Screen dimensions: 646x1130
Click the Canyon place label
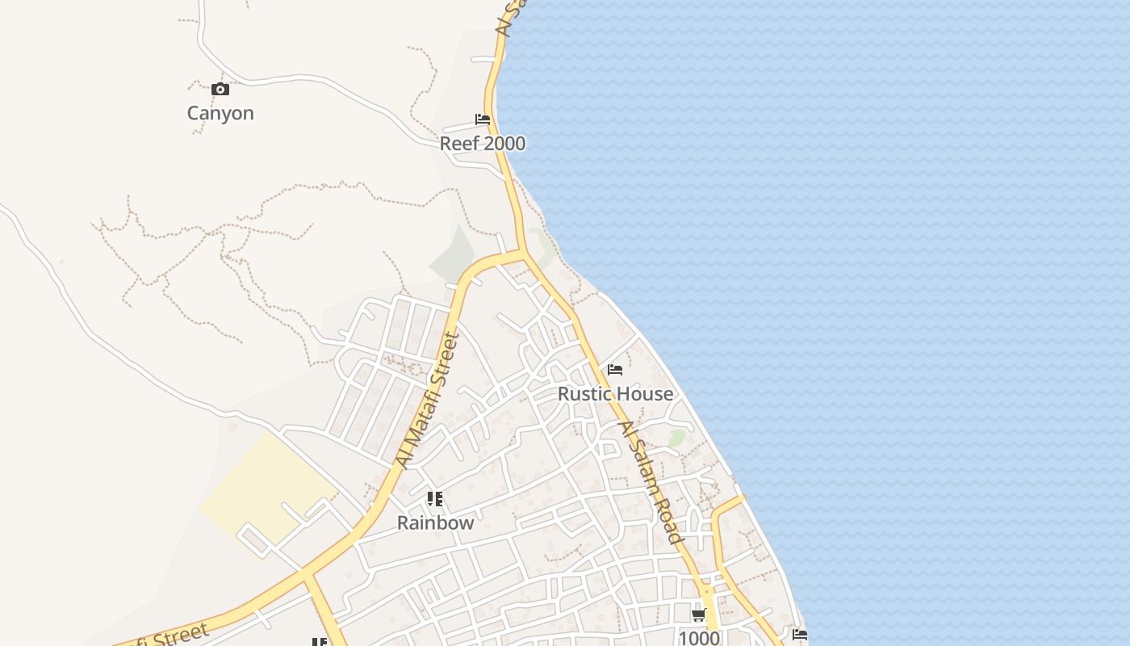tap(220, 113)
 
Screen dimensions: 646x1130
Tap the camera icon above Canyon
tap(220, 89)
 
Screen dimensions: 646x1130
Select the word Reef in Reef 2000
tap(458, 144)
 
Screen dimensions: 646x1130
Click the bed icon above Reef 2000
tap(483, 120)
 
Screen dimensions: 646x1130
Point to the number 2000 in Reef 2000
tap(502, 144)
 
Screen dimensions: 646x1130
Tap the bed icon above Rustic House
tap(615, 370)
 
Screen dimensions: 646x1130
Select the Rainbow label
tap(436, 523)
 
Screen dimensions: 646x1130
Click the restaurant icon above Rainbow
tap(435, 499)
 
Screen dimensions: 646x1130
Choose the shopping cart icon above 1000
tap(699, 615)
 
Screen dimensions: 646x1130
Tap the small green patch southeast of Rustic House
tap(676, 438)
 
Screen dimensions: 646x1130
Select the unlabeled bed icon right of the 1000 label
tap(800, 635)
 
